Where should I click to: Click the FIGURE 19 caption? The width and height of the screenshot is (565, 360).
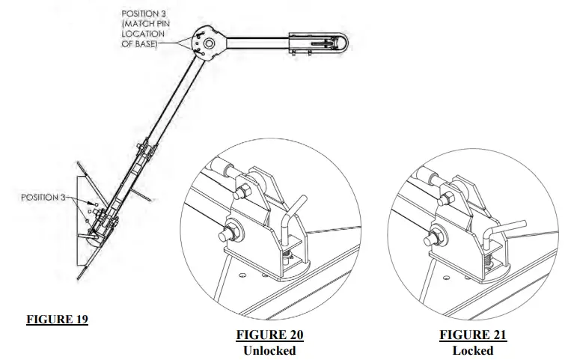tap(58, 320)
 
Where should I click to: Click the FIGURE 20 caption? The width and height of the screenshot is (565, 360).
tap(271, 335)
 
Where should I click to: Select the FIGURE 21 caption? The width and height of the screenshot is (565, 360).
tap(472, 335)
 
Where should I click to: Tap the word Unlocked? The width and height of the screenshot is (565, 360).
tap(271, 350)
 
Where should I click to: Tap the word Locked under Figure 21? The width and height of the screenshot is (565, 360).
tap(472, 350)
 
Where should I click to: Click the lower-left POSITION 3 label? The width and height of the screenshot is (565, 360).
tap(43, 198)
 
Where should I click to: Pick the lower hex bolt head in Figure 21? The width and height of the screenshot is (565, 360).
tap(433, 238)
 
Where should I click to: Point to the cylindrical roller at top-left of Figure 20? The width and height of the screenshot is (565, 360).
tap(219, 169)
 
